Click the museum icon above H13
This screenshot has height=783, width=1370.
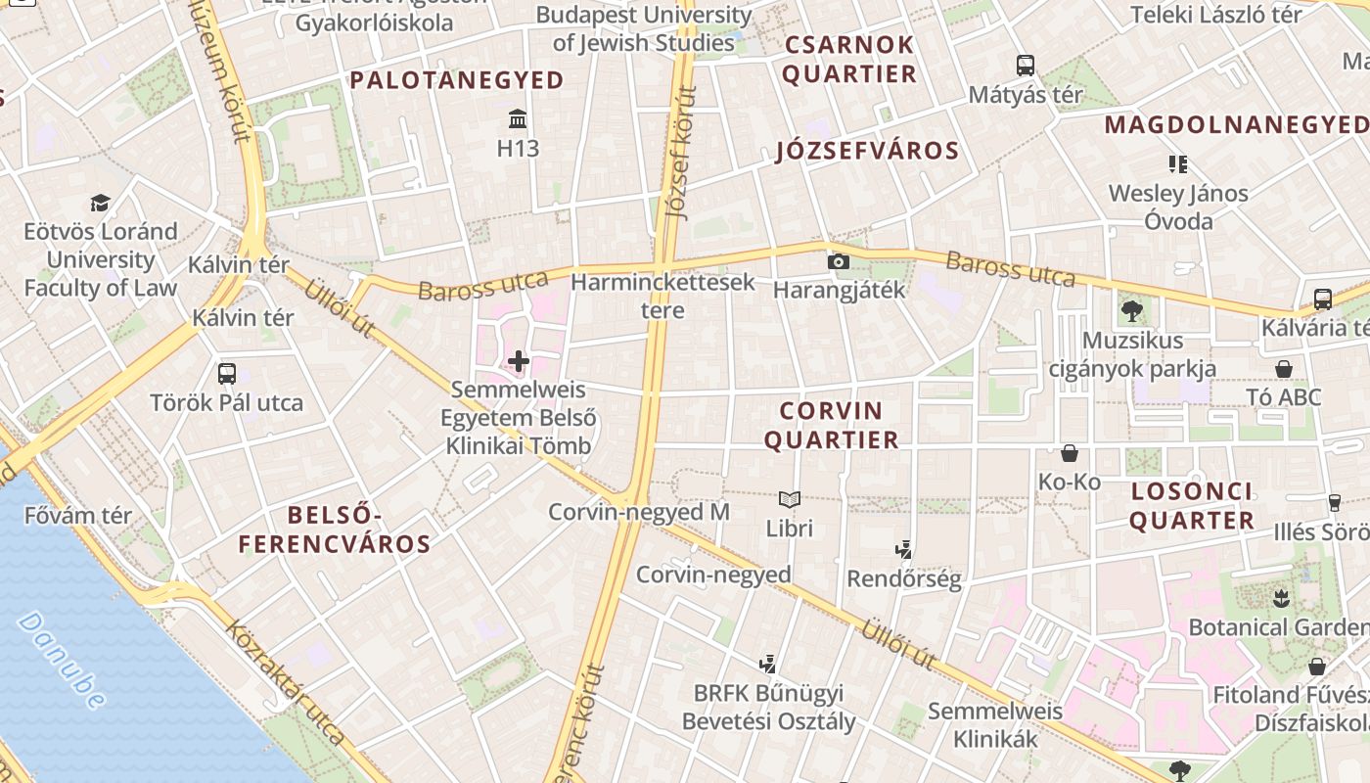click(518, 119)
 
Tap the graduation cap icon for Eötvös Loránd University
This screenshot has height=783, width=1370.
click(101, 203)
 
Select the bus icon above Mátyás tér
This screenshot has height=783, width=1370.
click(1025, 66)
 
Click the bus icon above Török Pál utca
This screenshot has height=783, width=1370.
click(227, 373)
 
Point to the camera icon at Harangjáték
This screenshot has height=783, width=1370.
click(838, 261)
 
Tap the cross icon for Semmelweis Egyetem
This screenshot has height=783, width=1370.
click(518, 362)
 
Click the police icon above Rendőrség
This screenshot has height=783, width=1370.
click(904, 549)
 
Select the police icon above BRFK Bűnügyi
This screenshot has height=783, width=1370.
click(768, 664)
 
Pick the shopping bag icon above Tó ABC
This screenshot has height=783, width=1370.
click(1284, 369)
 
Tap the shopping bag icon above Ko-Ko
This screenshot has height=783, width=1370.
click(1070, 453)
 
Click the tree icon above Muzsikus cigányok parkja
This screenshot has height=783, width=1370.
click(1132, 312)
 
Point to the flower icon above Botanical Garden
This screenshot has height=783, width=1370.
click(1280, 597)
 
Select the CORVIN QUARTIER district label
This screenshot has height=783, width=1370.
click(831, 426)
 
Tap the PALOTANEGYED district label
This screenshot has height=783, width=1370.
click(457, 80)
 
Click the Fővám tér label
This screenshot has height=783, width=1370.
click(78, 516)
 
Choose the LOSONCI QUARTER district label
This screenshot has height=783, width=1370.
click(1191, 506)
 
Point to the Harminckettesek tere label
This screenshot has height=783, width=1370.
click(662, 297)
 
